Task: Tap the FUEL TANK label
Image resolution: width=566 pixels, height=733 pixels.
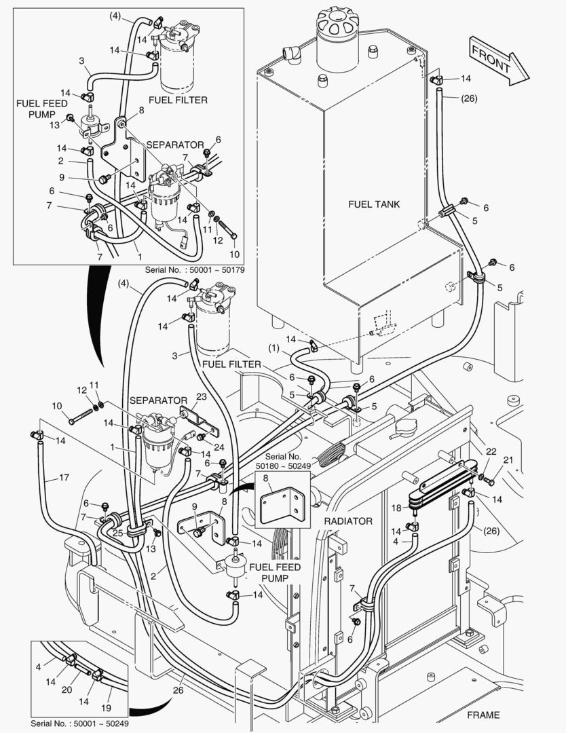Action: point(374,204)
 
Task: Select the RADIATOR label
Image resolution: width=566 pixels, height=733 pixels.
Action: point(348,521)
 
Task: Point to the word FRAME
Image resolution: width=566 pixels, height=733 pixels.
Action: point(483,715)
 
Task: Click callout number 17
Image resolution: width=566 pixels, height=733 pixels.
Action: point(64,477)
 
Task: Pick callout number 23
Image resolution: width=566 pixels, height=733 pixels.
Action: point(202,398)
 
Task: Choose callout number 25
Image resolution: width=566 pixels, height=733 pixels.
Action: point(117,533)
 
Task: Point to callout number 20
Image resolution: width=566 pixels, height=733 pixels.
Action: point(66,690)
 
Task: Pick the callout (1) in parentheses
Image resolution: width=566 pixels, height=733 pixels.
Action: point(273,349)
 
